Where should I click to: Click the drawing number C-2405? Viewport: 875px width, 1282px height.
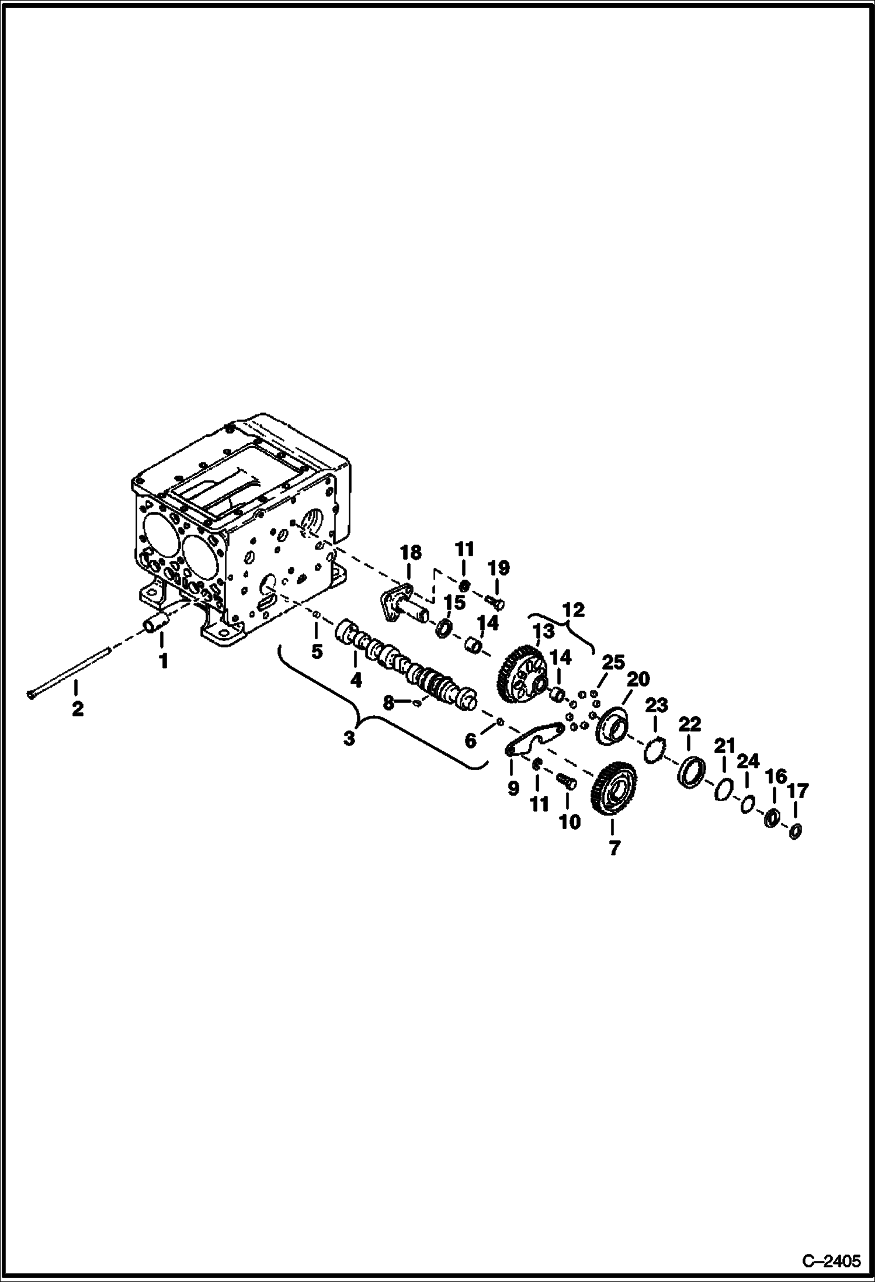pos(832,1260)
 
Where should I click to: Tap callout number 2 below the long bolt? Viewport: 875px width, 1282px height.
pos(77,709)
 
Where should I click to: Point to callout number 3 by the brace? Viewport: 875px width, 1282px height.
pos(349,739)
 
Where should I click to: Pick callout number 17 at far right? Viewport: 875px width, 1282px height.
pos(797,791)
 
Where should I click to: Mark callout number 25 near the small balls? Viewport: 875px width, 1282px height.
pos(614,663)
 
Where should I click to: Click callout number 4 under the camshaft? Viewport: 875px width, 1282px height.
pos(355,680)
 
